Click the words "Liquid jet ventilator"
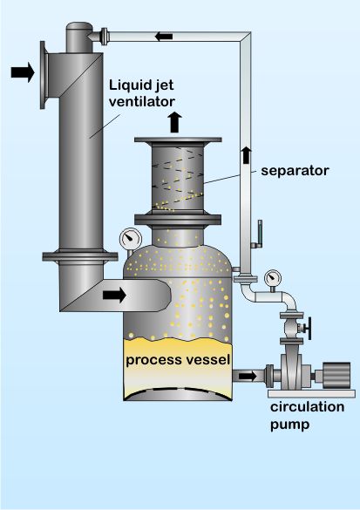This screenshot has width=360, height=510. (142, 93)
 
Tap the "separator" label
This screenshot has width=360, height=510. (295, 171)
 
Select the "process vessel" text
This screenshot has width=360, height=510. (178, 360)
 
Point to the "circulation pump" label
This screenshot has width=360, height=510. (307, 415)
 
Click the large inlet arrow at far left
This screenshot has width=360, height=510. (23, 72)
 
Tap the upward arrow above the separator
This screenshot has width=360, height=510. (175, 122)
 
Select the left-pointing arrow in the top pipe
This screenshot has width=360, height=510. (164, 37)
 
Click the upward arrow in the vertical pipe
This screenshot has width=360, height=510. (246, 155)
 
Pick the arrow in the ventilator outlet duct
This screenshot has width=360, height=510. (114, 295)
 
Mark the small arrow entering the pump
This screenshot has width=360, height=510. (248, 377)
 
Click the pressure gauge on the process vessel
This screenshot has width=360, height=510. (131, 239)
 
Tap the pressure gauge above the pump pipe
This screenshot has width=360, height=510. (273, 278)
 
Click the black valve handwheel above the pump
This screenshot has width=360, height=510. (308, 328)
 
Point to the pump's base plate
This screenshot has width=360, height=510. (311, 393)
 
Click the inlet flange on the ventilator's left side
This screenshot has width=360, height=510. (44, 75)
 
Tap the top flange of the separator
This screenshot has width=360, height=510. (178, 139)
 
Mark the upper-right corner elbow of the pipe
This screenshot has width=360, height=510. (246, 37)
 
